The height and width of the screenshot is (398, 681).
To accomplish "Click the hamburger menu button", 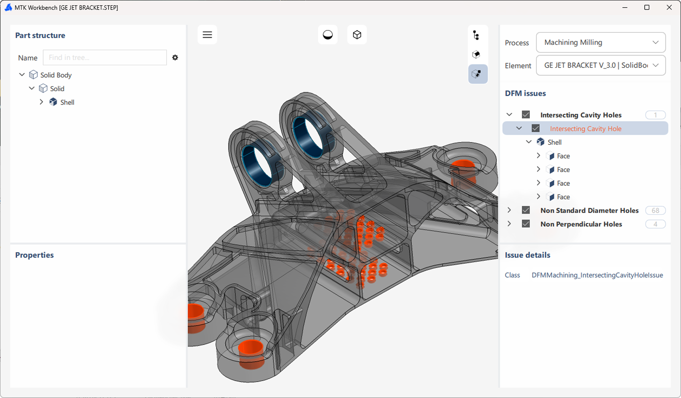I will tap(207, 35).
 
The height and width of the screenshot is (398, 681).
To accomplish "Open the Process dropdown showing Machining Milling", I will tap(601, 43).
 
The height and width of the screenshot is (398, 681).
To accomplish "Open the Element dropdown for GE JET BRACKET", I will tap(601, 65).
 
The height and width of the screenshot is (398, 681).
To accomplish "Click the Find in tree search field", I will tap(105, 58).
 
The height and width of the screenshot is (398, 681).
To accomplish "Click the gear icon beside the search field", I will tap(175, 58).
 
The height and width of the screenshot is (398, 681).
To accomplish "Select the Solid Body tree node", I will tap(56, 75).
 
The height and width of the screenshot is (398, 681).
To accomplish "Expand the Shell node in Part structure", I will tap(41, 102).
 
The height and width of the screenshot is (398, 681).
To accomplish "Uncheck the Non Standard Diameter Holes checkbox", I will tap(526, 210).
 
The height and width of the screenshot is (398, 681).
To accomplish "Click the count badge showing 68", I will tap(655, 210).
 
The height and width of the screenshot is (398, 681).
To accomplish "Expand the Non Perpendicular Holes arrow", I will tap(509, 224).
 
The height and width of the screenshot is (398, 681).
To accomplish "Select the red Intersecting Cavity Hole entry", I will tap(586, 129).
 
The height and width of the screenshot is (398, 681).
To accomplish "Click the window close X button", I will tap(669, 8).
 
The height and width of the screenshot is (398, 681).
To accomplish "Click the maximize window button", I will tap(647, 8).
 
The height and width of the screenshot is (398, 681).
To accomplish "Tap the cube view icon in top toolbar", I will tap(357, 35).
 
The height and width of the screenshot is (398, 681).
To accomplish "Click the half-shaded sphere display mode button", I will tap(328, 35).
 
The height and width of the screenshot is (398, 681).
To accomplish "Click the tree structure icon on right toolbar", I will tap(476, 35).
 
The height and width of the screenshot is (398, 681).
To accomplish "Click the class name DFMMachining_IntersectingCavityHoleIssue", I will tap(597, 275).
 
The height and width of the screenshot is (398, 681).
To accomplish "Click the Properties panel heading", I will tap(35, 255).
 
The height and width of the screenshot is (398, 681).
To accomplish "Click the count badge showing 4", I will tap(655, 224).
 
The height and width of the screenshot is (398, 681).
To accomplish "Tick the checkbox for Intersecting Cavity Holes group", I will tap(526, 115).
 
